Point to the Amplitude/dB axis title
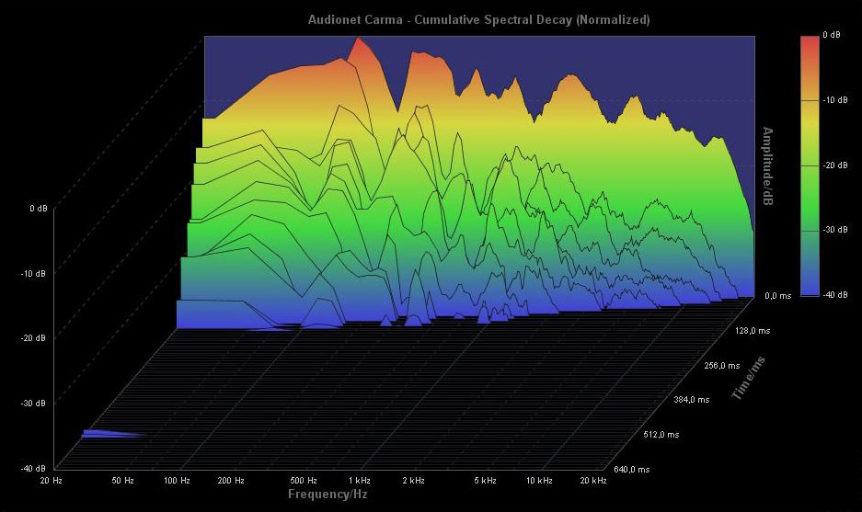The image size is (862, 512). tap(765, 166)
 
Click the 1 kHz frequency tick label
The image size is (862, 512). tap(361, 480)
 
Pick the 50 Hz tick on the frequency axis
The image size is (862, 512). tap(123, 480)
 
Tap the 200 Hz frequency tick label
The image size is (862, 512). tap(232, 480)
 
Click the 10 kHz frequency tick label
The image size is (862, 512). tap(540, 480)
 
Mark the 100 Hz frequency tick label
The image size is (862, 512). tap(178, 480)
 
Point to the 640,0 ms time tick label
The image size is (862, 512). tap(633, 469)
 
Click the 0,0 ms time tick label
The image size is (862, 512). tap(778, 296)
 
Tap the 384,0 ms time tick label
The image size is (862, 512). tap(693, 400)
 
